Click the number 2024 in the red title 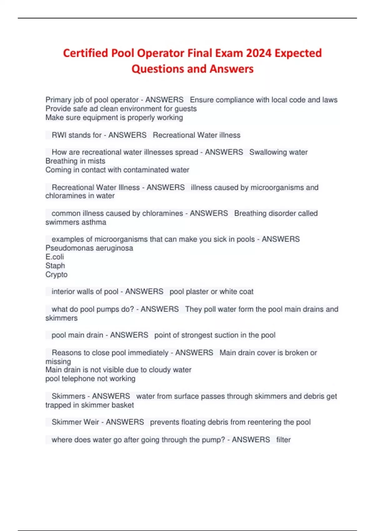(258, 53)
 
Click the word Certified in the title (85, 53)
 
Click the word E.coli (55, 257)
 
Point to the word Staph (55, 265)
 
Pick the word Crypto (57, 275)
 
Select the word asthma (94, 222)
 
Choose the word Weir (91, 422)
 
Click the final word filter (283, 439)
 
